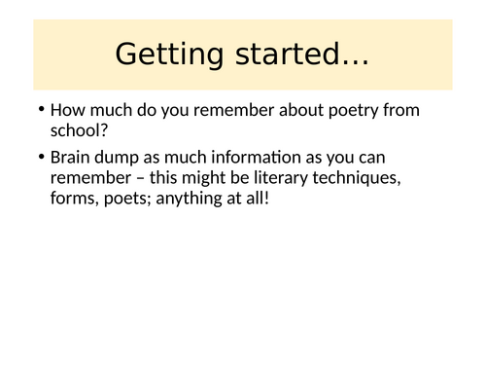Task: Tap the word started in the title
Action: (x=282, y=55)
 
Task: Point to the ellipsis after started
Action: (x=351, y=60)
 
